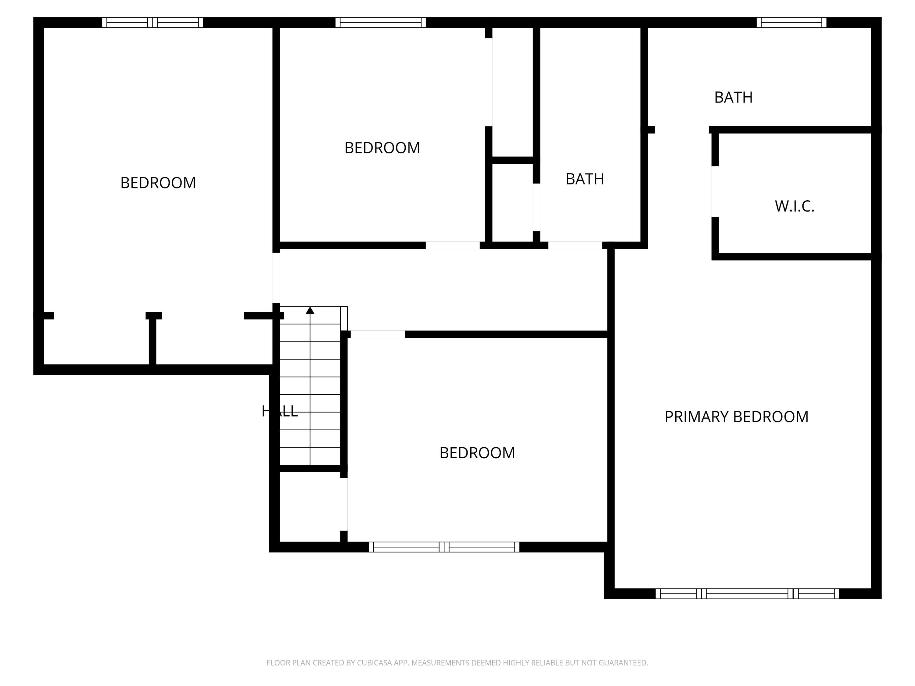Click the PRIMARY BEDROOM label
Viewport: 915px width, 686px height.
pyautogui.click(x=736, y=417)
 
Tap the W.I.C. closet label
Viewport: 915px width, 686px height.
pyautogui.click(x=794, y=206)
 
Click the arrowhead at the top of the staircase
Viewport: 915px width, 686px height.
pyautogui.click(x=310, y=310)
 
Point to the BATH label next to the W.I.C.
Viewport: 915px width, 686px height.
pyautogui.click(x=733, y=98)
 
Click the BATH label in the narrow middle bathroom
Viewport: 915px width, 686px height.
pyautogui.click(x=584, y=179)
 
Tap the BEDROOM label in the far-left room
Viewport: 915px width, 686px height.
pyautogui.click(x=158, y=183)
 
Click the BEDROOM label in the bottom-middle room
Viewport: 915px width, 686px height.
pyautogui.click(x=477, y=453)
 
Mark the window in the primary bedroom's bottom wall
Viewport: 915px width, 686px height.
pyautogui.click(x=747, y=594)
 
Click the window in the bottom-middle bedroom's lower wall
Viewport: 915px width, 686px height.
pyautogui.click(x=444, y=547)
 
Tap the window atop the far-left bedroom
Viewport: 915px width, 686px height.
pyautogui.click(x=152, y=22)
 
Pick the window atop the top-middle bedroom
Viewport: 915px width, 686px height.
pyautogui.click(x=381, y=22)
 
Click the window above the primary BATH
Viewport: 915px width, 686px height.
pyautogui.click(x=791, y=22)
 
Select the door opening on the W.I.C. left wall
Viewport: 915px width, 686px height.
pyautogui.click(x=715, y=191)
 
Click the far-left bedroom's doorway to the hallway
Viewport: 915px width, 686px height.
pyautogui.click(x=276, y=277)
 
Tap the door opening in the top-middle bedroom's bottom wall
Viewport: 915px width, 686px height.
pyautogui.click(x=453, y=245)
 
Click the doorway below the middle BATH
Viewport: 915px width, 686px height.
pyautogui.click(x=575, y=245)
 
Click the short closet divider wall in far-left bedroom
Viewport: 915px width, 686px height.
pyautogui.click(x=152, y=341)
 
